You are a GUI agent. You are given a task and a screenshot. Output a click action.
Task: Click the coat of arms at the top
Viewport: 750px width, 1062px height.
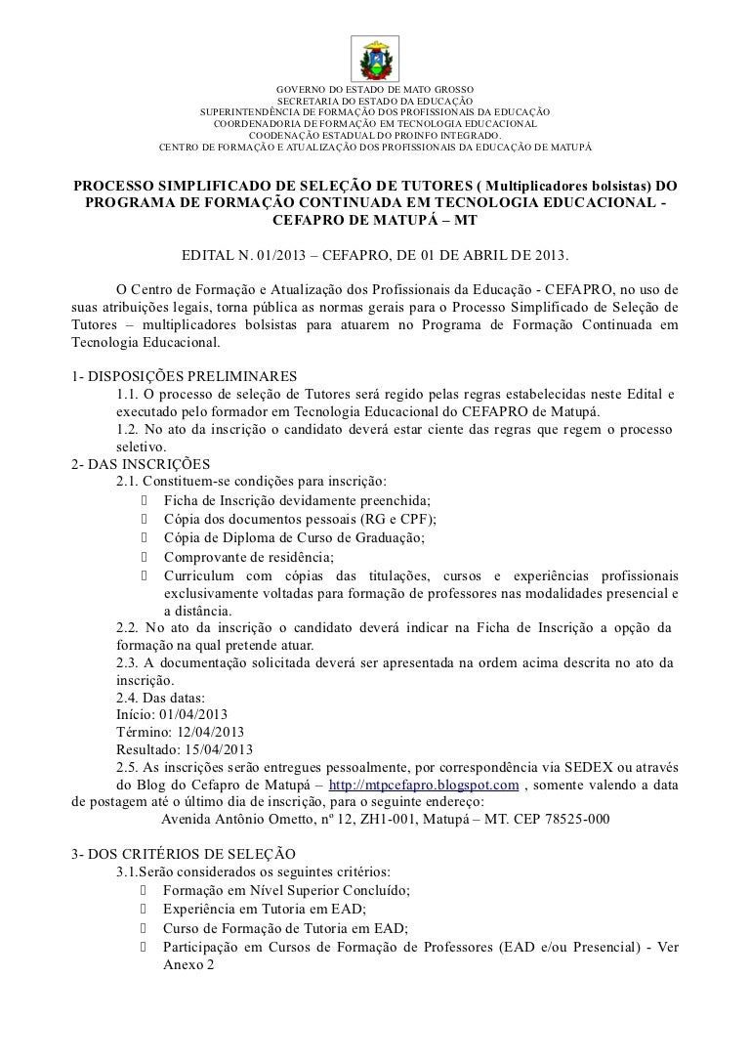coord(374,59)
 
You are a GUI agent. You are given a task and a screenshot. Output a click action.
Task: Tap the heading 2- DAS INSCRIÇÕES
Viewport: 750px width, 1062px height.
coord(141,464)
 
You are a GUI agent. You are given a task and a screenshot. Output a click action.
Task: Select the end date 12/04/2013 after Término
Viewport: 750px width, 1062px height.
coord(209,732)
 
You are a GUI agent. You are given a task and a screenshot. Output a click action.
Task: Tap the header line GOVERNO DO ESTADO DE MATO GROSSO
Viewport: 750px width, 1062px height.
coord(375,90)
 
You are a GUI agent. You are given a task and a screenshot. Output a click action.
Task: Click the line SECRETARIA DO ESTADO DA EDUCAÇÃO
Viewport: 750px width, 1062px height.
coord(375,102)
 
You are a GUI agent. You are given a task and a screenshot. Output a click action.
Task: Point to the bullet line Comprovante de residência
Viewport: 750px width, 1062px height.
coord(248,556)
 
